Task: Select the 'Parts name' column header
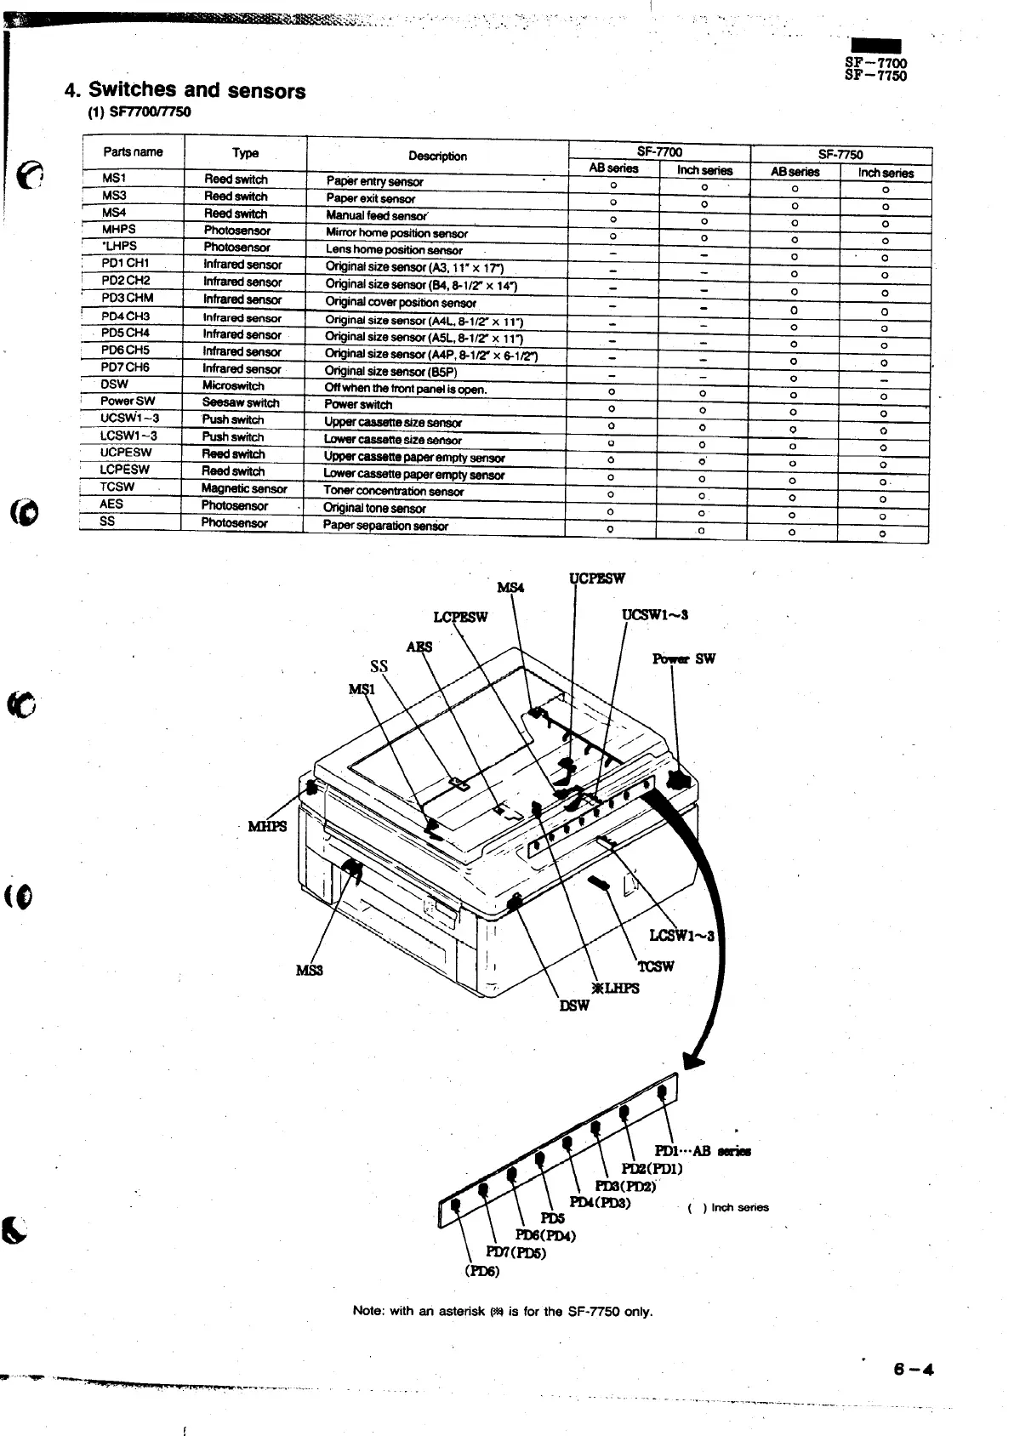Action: (x=133, y=152)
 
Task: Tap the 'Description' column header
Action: (x=437, y=157)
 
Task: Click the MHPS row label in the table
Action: (x=119, y=230)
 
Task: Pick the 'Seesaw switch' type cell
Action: (x=241, y=403)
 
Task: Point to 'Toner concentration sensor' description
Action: (x=394, y=492)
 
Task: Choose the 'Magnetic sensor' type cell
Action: (x=244, y=489)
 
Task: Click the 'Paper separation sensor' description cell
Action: (x=385, y=526)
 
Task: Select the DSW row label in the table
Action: (x=114, y=384)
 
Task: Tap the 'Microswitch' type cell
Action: (x=233, y=385)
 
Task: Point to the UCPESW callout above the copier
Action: (x=596, y=579)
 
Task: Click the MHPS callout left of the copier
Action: (x=267, y=827)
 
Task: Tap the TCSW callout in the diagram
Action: (x=656, y=966)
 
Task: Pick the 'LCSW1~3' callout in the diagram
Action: (x=683, y=936)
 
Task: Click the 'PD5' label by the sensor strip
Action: (x=552, y=1219)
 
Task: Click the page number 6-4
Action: (x=914, y=1370)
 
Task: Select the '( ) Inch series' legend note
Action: (x=727, y=1207)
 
